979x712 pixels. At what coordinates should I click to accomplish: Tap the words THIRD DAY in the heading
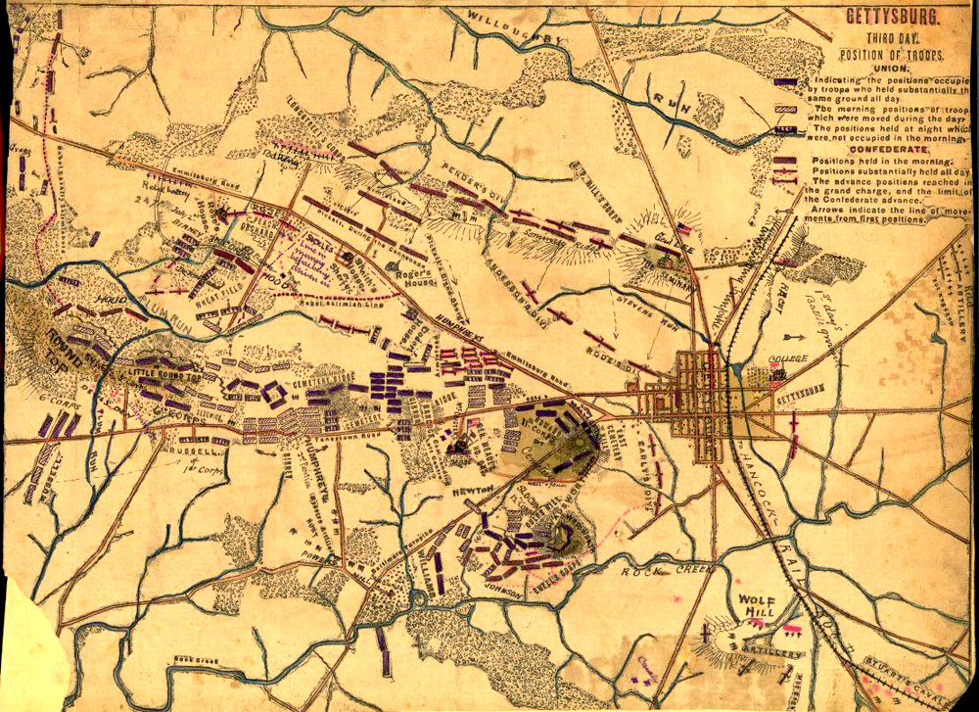click(892, 37)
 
